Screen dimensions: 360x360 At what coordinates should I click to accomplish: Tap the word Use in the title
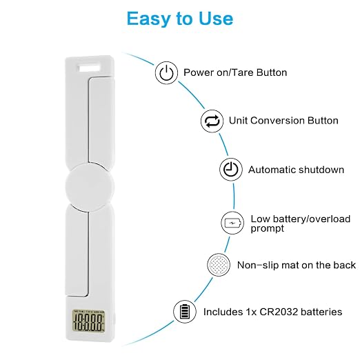[216, 19]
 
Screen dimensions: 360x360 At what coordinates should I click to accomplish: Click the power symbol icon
[166, 72]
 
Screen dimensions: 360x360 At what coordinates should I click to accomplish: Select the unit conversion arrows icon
[212, 121]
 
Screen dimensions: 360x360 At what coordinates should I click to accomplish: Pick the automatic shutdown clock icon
[231, 170]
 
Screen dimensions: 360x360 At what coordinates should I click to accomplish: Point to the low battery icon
[232, 223]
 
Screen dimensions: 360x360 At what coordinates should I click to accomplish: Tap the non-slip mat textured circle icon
[219, 265]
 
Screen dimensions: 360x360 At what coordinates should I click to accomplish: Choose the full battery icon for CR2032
[185, 312]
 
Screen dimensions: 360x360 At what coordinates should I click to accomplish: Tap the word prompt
[268, 229]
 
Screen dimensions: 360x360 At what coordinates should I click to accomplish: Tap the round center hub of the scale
[90, 186]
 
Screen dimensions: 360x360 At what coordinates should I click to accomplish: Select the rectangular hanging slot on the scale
[90, 68]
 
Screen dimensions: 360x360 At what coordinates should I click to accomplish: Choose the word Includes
[223, 312]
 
